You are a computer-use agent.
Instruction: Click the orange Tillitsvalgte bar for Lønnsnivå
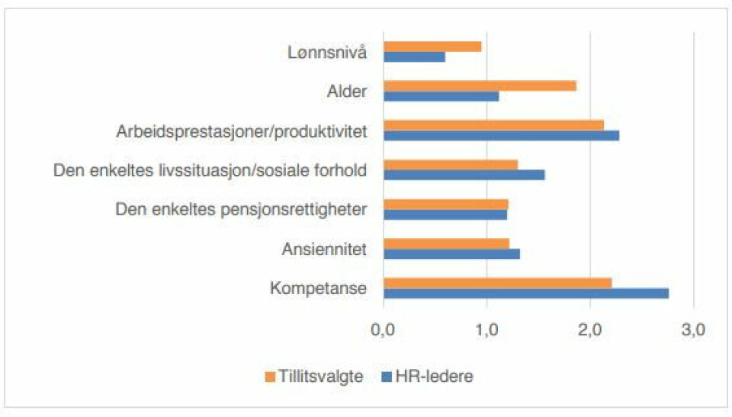pos(432,47)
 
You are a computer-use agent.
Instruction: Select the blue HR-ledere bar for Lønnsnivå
pos(414,57)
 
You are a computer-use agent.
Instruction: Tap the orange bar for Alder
pos(480,86)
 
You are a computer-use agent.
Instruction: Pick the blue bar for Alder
pos(441,96)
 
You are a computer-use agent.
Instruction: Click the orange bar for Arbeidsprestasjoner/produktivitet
pos(493,125)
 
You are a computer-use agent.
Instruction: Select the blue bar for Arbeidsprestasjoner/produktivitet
pos(501,136)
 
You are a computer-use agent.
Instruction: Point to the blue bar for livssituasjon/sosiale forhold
pos(464,175)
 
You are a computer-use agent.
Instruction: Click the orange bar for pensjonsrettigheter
pos(445,204)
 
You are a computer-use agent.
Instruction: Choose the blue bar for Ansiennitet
pos(451,254)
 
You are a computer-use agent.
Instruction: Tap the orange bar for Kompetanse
pos(497,283)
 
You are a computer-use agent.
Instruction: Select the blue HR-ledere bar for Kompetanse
pos(526,293)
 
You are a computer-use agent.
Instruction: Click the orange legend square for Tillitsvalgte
pos(269,377)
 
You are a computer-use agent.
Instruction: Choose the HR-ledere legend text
pos(440,377)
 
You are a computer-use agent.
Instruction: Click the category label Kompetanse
pos(319,288)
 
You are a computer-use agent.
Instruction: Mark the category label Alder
pos(348,92)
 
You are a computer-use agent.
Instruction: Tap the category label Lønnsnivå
pos(328,52)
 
